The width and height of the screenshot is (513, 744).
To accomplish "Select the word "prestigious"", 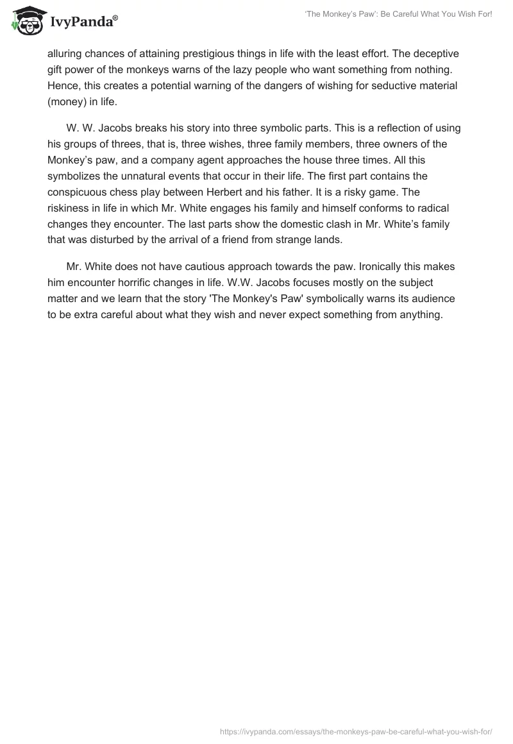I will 207,55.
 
